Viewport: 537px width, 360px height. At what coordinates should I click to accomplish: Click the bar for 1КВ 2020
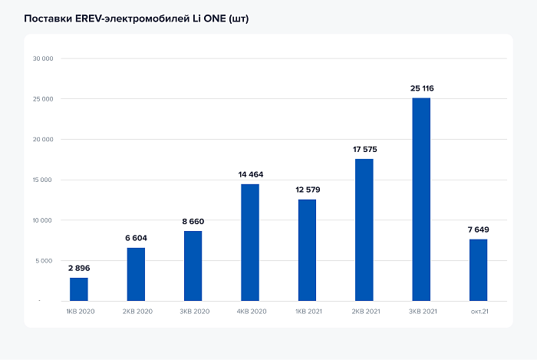[79, 289]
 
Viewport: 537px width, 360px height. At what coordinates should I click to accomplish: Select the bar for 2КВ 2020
[136, 274]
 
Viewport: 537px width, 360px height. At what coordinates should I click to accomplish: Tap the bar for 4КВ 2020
[250, 242]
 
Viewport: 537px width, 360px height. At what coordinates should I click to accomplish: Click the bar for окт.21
[478, 269]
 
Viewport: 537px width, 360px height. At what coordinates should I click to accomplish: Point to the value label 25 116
[422, 88]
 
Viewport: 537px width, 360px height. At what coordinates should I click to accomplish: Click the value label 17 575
[364, 149]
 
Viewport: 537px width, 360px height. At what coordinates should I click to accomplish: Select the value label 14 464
[250, 174]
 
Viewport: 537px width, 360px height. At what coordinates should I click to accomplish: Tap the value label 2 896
[79, 268]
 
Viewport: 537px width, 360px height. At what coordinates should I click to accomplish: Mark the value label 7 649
[478, 230]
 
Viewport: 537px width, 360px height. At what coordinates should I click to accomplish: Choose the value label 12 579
[307, 190]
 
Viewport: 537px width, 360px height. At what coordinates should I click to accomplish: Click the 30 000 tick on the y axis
[42, 58]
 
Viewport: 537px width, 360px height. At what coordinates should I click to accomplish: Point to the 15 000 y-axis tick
[42, 180]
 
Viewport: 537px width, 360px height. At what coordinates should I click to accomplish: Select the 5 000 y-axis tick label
[44, 261]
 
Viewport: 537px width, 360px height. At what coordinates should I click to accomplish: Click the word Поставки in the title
[48, 17]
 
